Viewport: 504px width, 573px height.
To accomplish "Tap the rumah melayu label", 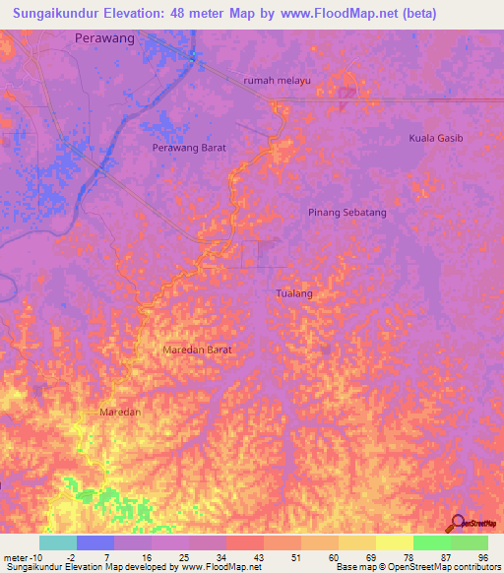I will [263, 81].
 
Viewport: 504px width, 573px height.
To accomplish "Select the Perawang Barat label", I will [190, 147].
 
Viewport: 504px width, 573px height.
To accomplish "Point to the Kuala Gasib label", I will [435, 138].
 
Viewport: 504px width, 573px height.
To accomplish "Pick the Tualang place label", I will [294, 293].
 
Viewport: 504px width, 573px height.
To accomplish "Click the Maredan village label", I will [121, 412].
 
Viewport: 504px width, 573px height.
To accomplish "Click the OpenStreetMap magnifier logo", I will [456, 523].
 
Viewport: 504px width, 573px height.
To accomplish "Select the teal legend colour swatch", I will [58, 542].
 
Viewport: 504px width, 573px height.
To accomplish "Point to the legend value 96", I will [482, 558].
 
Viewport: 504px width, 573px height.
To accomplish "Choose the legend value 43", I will [257, 558].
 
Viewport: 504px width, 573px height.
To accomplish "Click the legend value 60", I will [332, 558].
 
